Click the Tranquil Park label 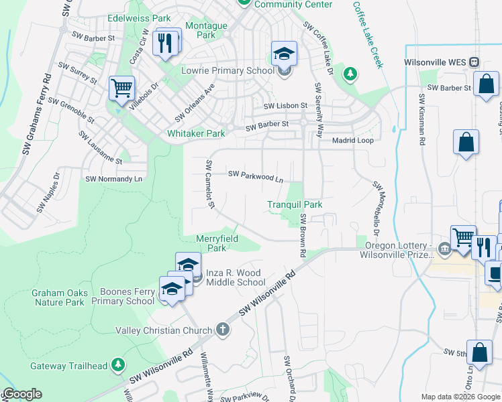(x=295, y=204)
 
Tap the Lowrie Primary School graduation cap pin (x=284, y=53)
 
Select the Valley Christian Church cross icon (x=223, y=330)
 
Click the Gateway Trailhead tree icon (x=118, y=364)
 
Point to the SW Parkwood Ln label (x=256, y=176)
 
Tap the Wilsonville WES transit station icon (x=474, y=62)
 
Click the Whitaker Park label (x=196, y=133)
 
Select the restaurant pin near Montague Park (x=164, y=44)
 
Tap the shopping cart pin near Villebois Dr (x=121, y=88)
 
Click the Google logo (x=21, y=394)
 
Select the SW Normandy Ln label (x=114, y=180)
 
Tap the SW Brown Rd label (x=303, y=236)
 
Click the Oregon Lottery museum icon (x=444, y=249)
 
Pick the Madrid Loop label (x=353, y=141)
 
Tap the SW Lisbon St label (x=285, y=106)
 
